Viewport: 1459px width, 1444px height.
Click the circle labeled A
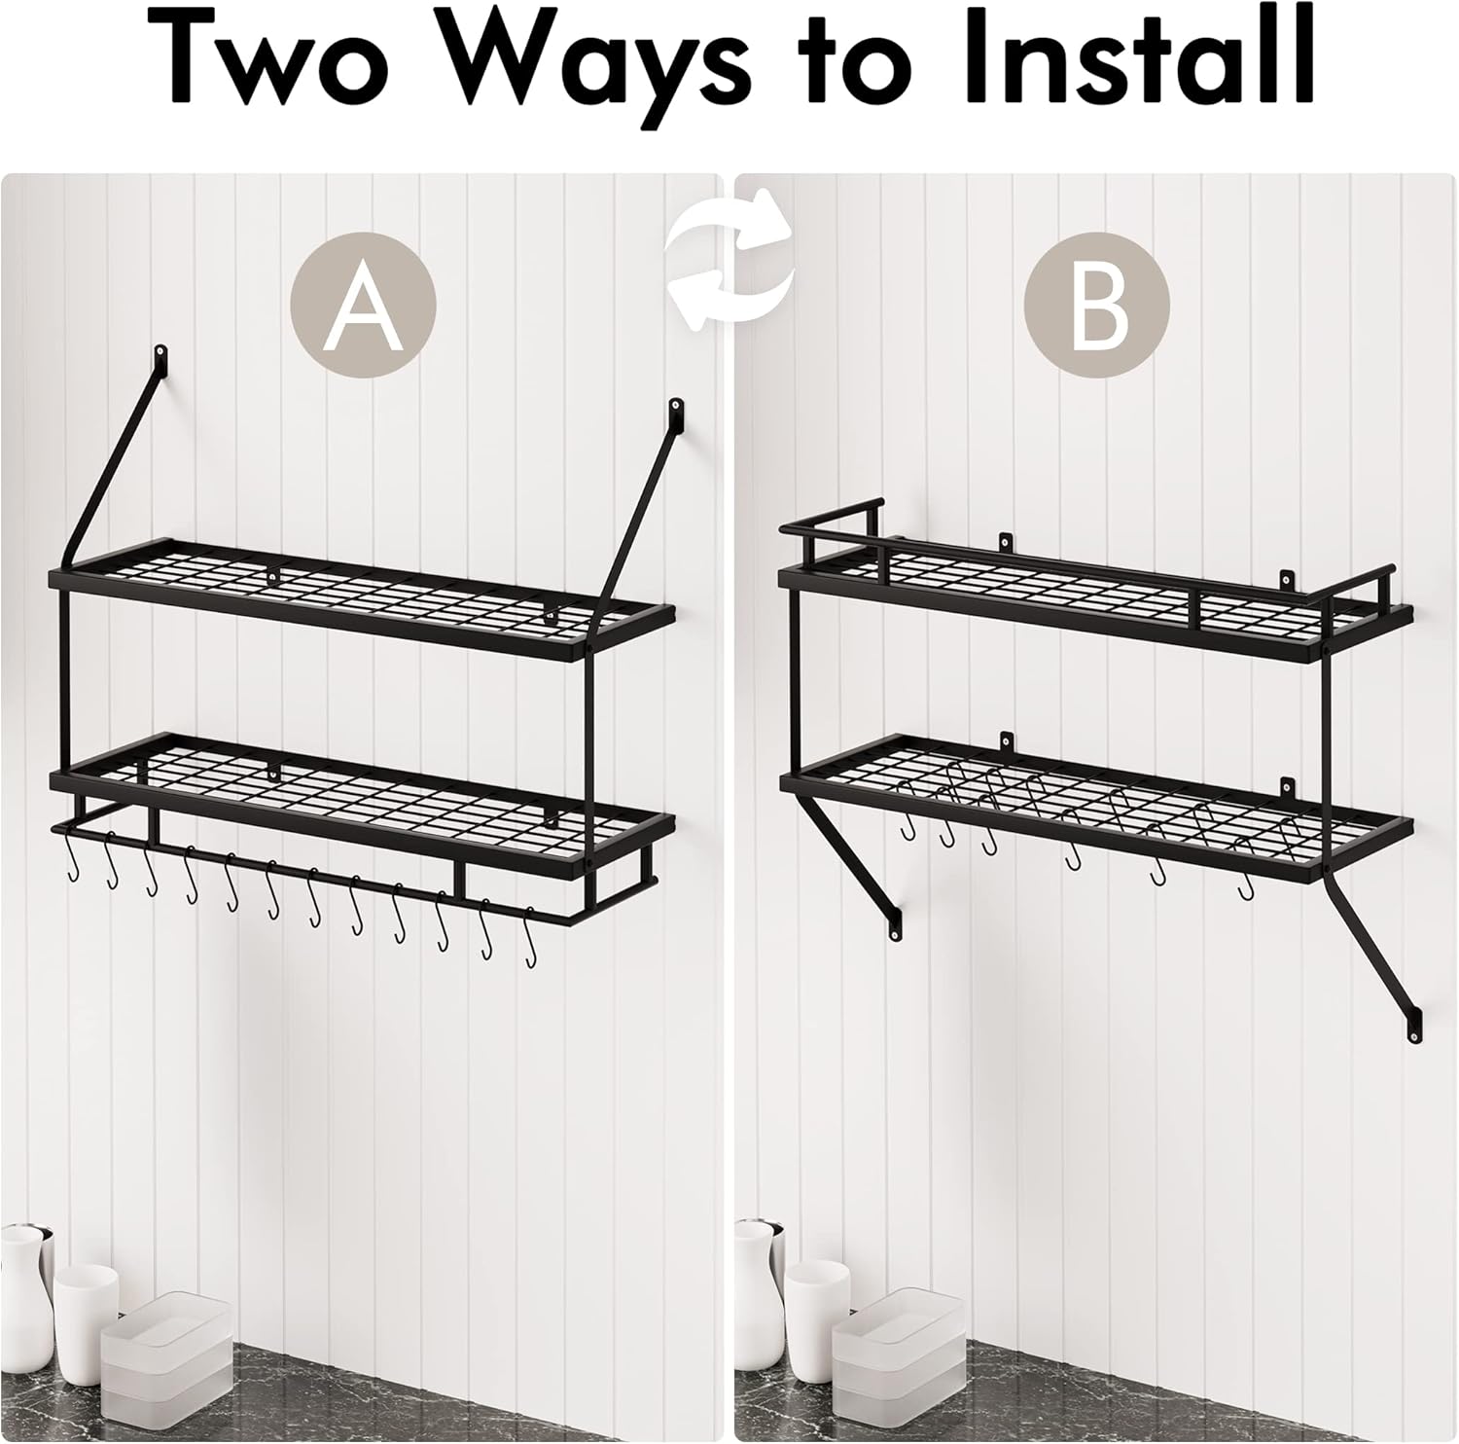363,305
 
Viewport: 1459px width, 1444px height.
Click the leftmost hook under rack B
907,830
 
